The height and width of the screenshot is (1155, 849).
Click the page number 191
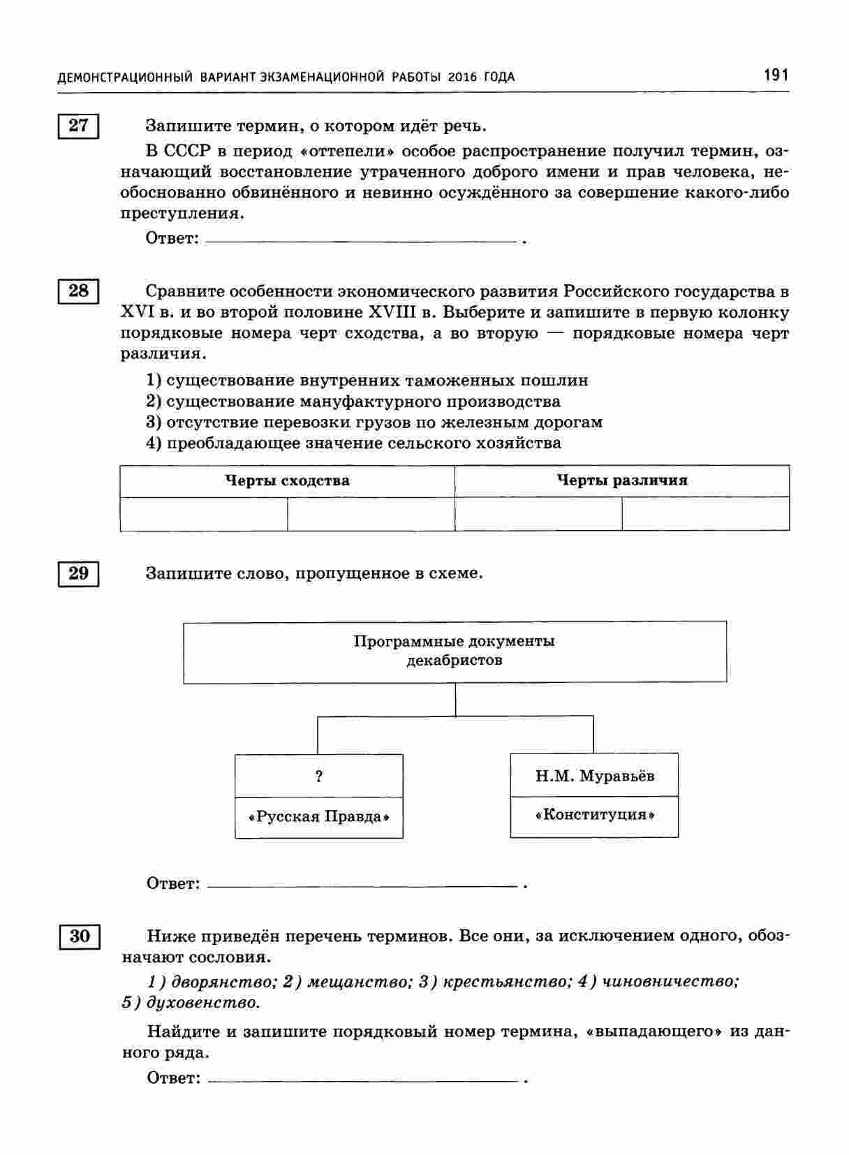(776, 75)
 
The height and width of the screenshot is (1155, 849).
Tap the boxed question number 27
(78, 126)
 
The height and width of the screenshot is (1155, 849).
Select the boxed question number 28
(78, 291)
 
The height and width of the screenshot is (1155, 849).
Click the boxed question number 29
(78, 573)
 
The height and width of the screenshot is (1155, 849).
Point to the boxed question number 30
(80, 936)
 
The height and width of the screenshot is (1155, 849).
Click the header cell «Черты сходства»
(287, 480)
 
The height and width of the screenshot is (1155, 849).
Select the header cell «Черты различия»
(621, 480)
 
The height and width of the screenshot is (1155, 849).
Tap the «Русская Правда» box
(319, 817)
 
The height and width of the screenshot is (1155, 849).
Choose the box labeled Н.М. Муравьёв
(594, 776)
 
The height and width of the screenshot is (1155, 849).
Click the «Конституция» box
(594, 815)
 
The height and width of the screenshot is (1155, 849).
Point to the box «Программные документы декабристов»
(455, 651)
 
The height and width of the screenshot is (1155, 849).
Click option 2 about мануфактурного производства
(353, 402)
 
